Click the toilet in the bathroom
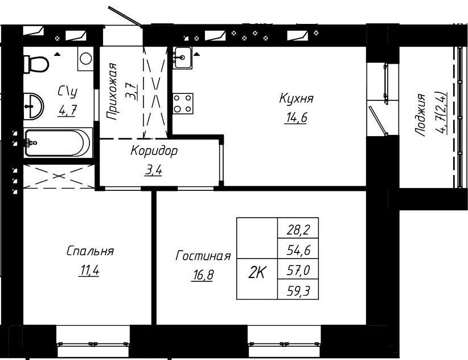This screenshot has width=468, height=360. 36,64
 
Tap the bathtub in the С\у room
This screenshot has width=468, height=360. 58,142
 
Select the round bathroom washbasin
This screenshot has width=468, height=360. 34,106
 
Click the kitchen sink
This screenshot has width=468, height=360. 182,58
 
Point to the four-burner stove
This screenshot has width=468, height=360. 183,103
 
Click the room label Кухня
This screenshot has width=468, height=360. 296,98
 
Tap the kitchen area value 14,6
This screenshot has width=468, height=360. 297,118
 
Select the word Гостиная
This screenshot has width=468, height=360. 203,256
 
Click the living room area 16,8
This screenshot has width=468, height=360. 203,275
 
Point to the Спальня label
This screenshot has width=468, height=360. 90,251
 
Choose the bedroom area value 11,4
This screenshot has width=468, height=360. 89,271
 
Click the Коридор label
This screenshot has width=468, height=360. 154,151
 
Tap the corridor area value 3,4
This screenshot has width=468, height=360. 153,171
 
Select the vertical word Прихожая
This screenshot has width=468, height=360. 112,92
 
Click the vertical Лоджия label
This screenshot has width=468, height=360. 420,115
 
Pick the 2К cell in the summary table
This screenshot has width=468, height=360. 257,273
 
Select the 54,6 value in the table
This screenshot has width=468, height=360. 298,250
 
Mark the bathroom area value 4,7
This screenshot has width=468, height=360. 68,111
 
